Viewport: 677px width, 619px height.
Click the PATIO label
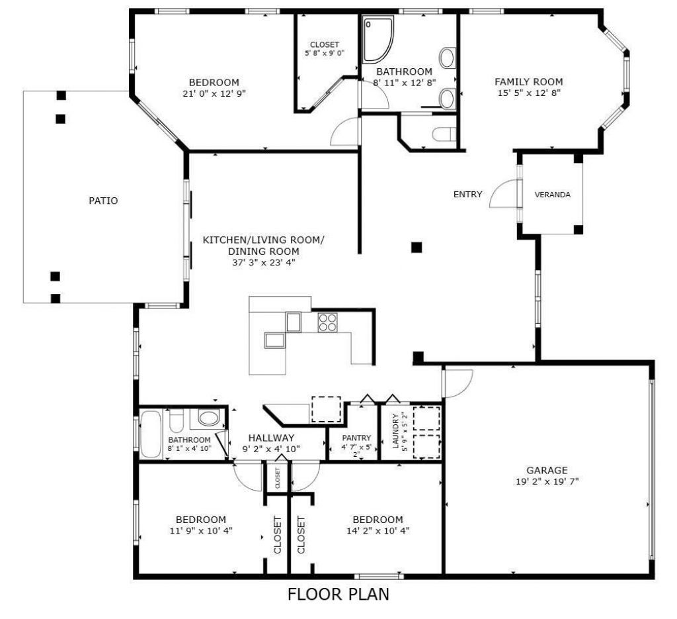103,201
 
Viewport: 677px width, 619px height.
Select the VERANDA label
552,195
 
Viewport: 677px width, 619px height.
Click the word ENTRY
467,195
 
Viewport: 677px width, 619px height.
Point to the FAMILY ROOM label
529,81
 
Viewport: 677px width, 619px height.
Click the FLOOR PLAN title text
338,595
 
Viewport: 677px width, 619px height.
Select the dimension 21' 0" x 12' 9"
214,93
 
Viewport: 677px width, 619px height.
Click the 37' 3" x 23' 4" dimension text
263,262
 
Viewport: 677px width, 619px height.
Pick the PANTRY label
356,438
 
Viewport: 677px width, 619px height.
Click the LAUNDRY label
396,431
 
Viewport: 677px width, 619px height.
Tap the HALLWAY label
271,438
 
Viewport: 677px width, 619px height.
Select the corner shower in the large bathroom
378,37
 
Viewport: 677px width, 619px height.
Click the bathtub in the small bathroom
151,434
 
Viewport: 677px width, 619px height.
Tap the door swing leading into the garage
458,382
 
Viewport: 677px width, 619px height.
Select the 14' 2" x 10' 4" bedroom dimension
377,530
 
